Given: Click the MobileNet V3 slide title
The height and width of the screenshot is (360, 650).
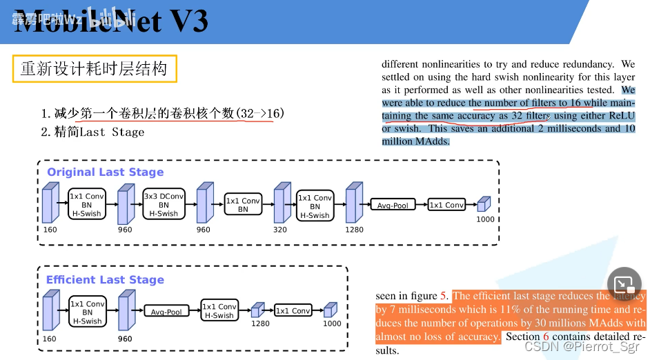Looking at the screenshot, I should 110,22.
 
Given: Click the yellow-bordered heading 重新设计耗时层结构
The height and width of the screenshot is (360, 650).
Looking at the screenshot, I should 94,69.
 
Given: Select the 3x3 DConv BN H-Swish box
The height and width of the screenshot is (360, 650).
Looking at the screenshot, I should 164,205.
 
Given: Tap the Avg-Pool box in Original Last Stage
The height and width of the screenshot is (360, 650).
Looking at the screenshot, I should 393,205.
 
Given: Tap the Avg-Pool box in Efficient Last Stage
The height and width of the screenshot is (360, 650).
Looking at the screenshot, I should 166,312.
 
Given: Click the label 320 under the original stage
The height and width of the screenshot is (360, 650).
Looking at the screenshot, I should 280,230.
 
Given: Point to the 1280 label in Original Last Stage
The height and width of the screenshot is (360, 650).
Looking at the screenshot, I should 354,230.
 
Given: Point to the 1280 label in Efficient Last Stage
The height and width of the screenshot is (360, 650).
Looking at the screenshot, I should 260,323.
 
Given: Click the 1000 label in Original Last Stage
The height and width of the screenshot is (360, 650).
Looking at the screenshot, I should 486,219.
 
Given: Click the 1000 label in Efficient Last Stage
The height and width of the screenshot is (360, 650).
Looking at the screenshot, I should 332,323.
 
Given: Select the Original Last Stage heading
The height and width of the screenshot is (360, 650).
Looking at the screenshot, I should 106,172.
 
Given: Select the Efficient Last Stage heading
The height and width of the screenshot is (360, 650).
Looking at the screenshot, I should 105,279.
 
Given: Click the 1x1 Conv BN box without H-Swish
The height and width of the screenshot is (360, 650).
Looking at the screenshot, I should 243,205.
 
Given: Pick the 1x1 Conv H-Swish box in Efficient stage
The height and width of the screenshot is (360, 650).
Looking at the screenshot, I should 219,311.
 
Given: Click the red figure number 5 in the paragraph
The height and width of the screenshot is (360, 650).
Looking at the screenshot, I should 444,296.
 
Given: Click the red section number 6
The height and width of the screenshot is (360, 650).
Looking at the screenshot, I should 545,337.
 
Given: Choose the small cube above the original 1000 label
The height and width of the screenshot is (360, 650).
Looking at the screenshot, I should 484,203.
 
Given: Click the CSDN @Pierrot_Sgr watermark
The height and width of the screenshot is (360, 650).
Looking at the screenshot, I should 583,347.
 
